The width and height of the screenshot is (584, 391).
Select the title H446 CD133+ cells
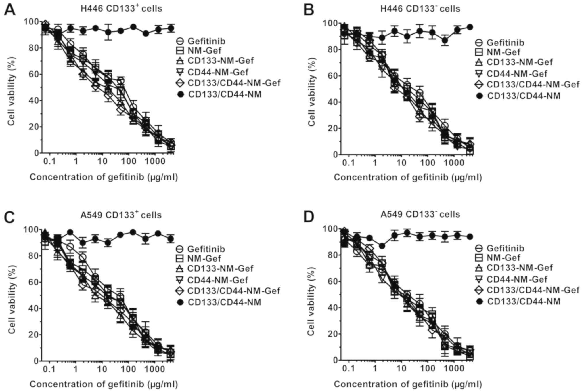[x=121, y=8]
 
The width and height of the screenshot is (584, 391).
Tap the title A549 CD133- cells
[x=420, y=214]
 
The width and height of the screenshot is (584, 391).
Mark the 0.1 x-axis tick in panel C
[x=49, y=369]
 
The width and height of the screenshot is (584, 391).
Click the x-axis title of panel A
[x=104, y=177]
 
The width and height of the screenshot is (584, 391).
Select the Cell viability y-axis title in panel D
[x=311, y=301]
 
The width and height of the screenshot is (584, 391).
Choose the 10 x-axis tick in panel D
[x=401, y=369]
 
